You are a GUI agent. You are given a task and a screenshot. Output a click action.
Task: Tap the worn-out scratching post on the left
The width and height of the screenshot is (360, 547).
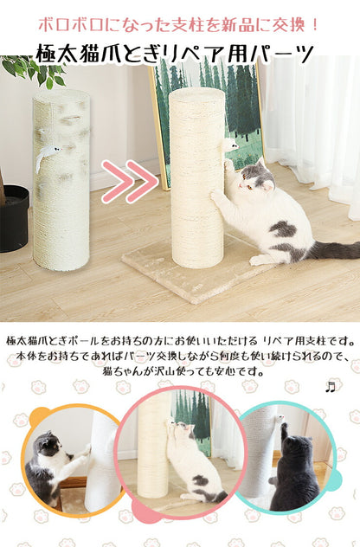pyautogui.click(x=61, y=190)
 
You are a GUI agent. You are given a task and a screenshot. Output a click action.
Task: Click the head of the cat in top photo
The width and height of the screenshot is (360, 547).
pyautogui.click(x=255, y=178)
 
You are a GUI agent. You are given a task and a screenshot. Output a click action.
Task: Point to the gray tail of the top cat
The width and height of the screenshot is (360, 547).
pyautogui.click(x=333, y=250)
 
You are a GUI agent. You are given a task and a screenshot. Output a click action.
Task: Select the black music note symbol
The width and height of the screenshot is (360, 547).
pyautogui.click(x=329, y=387)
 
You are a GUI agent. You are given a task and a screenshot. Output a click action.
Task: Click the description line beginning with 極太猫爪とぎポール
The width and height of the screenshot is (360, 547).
pyautogui.click(x=179, y=339)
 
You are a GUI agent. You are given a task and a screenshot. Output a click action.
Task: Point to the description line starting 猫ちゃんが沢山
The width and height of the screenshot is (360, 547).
pyautogui.click(x=179, y=370)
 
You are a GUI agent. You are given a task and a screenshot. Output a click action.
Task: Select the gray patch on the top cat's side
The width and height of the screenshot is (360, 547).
pyautogui.click(x=283, y=229)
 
